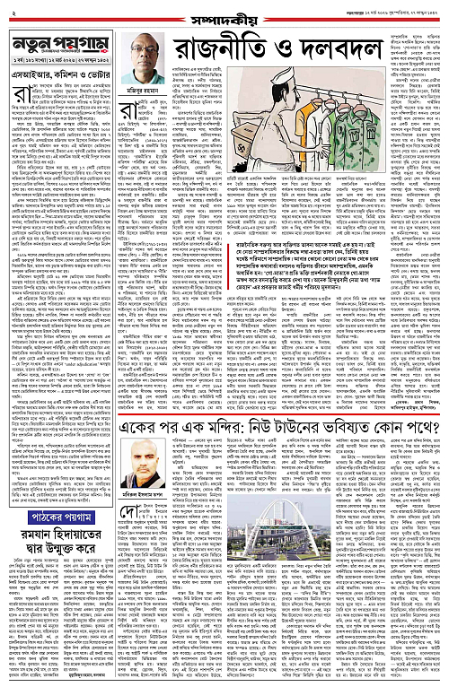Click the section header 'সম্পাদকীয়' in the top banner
click(x=224, y=9)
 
